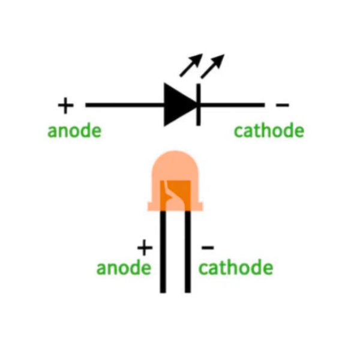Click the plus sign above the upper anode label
(x=65, y=106)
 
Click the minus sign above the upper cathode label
(x=282, y=105)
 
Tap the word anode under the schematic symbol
(x=74, y=131)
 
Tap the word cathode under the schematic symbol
(x=269, y=130)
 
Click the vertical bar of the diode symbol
(x=199, y=105)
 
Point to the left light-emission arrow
(x=191, y=65)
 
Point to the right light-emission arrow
(x=212, y=66)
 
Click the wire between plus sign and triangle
(x=125, y=105)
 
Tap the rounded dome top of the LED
(x=175, y=166)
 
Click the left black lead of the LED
(x=163, y=252)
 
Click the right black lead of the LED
(x=188, y=252)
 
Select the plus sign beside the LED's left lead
(x=145, y=247)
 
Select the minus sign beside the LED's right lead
(x=208, y=247)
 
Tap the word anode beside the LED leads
(x=124, y=268)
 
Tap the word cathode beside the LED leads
(x=236, y=268)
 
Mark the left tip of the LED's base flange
(x=148, y=206)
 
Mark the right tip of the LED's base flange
(x=203, y=206)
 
